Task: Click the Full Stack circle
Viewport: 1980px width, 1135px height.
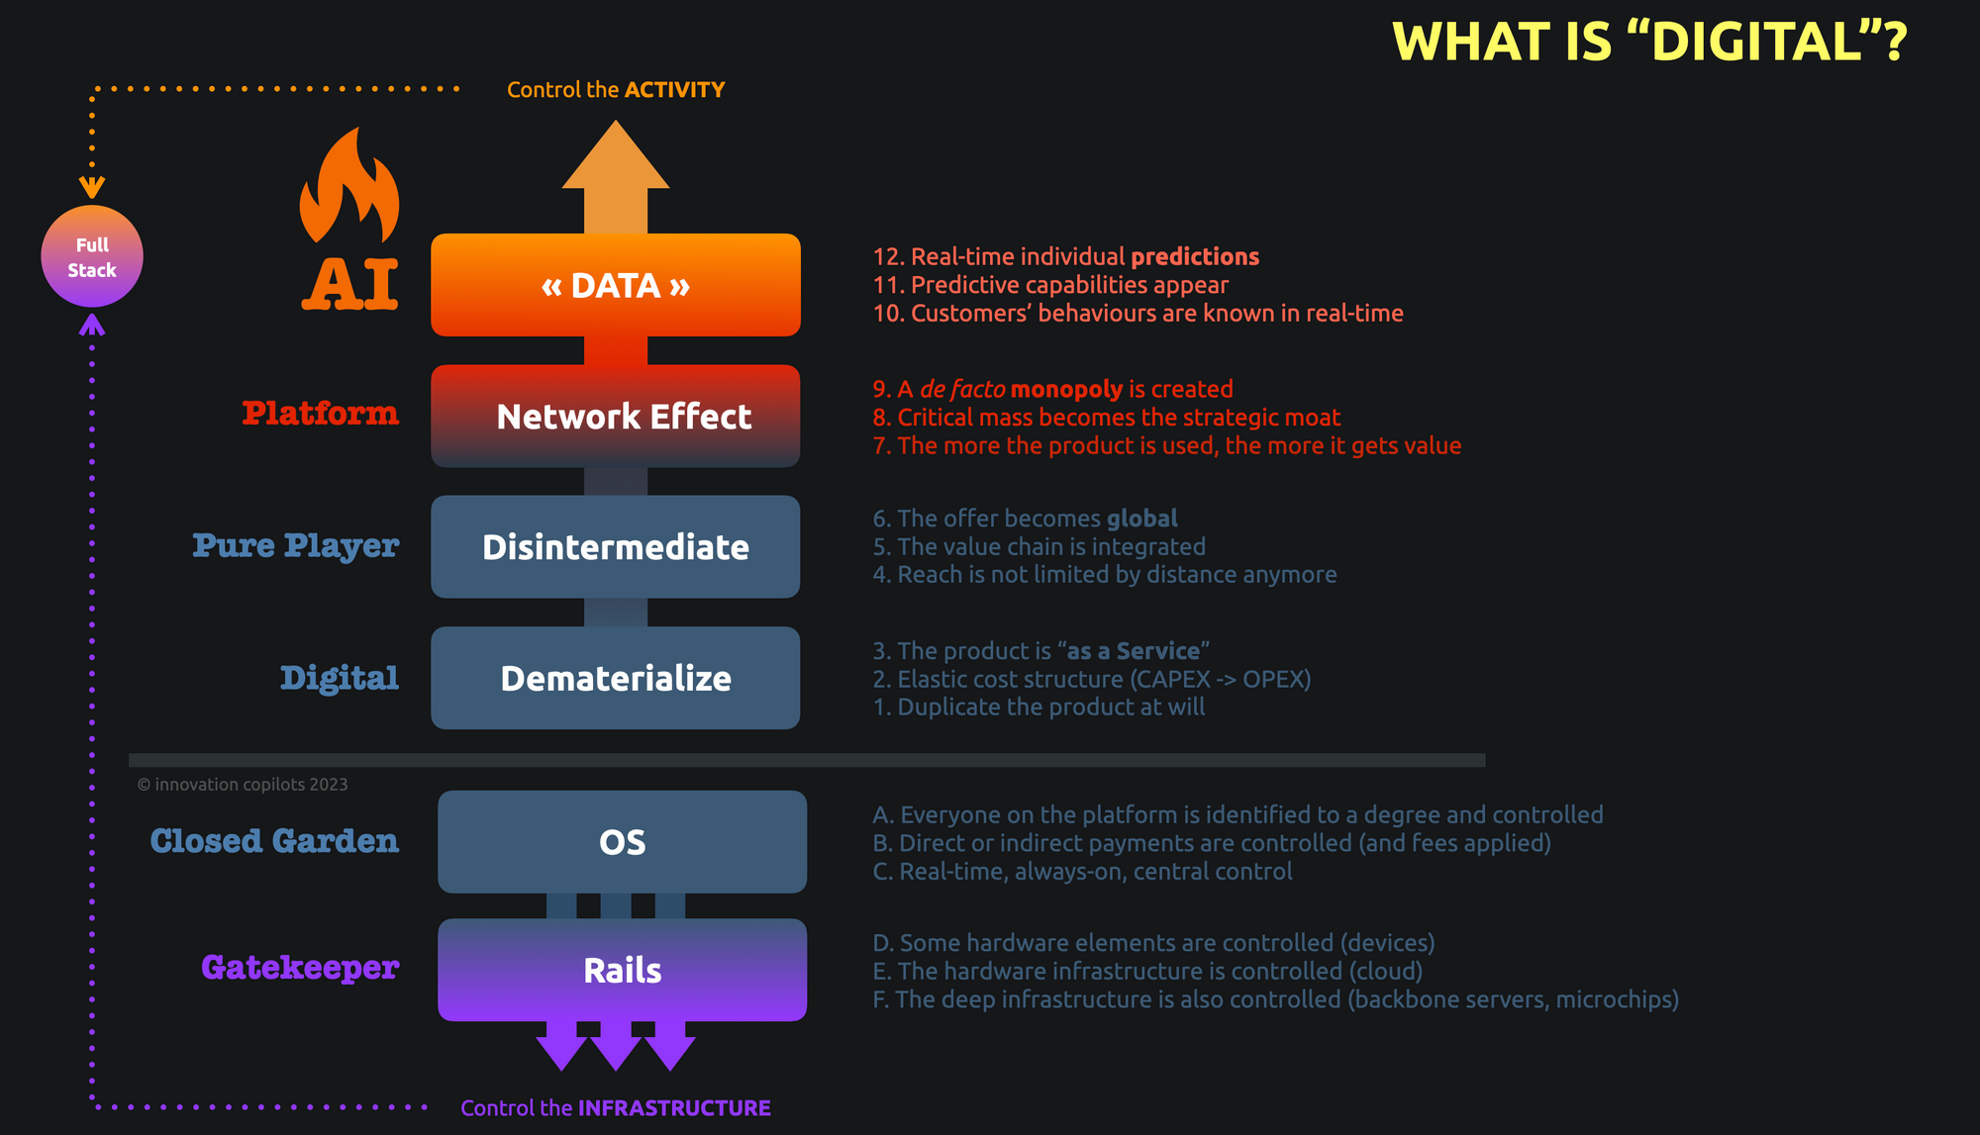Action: click(x=92, y=256)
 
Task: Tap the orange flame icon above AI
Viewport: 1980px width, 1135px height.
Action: click(x=349, y=188)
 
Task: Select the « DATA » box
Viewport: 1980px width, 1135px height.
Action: click(x=616, y=285)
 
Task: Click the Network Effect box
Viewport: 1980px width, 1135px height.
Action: click(x=616, y=417)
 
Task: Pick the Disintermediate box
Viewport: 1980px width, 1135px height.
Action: click(x=616, y=547)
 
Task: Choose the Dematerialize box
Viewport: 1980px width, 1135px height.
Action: click(x=616, y=678)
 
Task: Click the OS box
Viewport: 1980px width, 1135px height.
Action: click(x=622, y=842)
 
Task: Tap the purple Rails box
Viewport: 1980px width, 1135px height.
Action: click(x=622, y=970)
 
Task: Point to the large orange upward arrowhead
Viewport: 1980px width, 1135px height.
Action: click(x=616, y=158)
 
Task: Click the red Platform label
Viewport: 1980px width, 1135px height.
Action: click(x=321, y=414)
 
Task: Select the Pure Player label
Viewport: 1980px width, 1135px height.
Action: click(x=296, y=545)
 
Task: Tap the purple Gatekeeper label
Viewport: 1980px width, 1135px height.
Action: click(x=300, y=967)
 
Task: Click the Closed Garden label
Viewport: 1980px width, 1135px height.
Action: click(x=274, y=841)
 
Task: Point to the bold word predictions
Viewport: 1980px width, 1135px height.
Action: click(x=1195, y=257)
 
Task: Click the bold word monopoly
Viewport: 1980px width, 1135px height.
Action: click(x=1066, y=389)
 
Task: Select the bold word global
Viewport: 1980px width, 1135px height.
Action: click(x=1141, y=519)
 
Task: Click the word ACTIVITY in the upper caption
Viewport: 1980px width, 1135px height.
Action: click(x=675, y=90)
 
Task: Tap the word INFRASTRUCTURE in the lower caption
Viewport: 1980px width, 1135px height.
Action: click(x=674, y=1108)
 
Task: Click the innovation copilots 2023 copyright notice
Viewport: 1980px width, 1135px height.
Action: click(x=243, y=785)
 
